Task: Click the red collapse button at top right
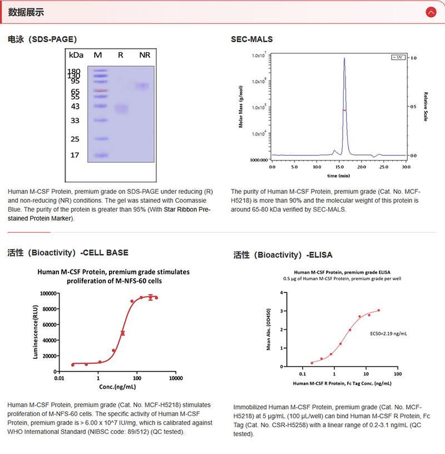(x=431, y=12)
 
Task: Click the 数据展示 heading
(x=26, y=12)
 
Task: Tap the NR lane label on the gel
(x=145, y=55)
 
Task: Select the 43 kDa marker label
(x=75, y=106)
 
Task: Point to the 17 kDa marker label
(x=75, y=155)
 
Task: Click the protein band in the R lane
(x=121, y=109)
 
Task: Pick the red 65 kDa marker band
(x=99, y=90)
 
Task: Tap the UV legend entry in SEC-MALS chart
(x=398, y=57)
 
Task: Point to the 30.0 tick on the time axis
(x=406, y=167)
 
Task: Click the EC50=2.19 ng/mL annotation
(x=389, y=334)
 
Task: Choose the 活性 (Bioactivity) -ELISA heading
(x=283, y=255)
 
